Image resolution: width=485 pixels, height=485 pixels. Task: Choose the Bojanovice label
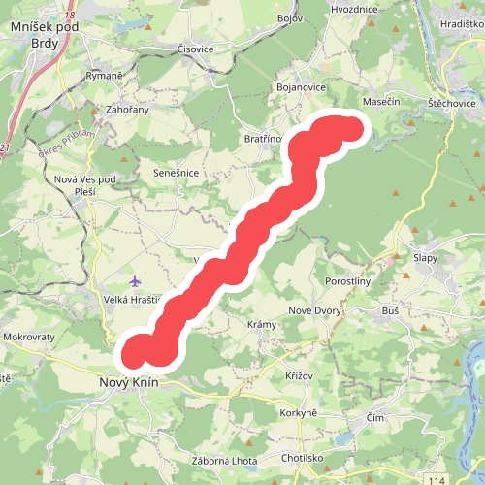click(300, 88)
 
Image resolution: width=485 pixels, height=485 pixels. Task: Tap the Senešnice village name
click(177, 173)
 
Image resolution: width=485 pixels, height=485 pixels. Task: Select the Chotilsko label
click(303, 457)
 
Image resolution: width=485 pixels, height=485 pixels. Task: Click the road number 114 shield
click(441, 479)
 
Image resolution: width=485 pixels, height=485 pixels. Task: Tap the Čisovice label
click(195, 48)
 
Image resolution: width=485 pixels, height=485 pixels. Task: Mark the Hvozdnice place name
click(353, 9)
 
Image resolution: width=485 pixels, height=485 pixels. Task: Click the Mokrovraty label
click(28, 338)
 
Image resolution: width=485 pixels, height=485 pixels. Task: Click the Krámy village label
click(262, 324)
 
